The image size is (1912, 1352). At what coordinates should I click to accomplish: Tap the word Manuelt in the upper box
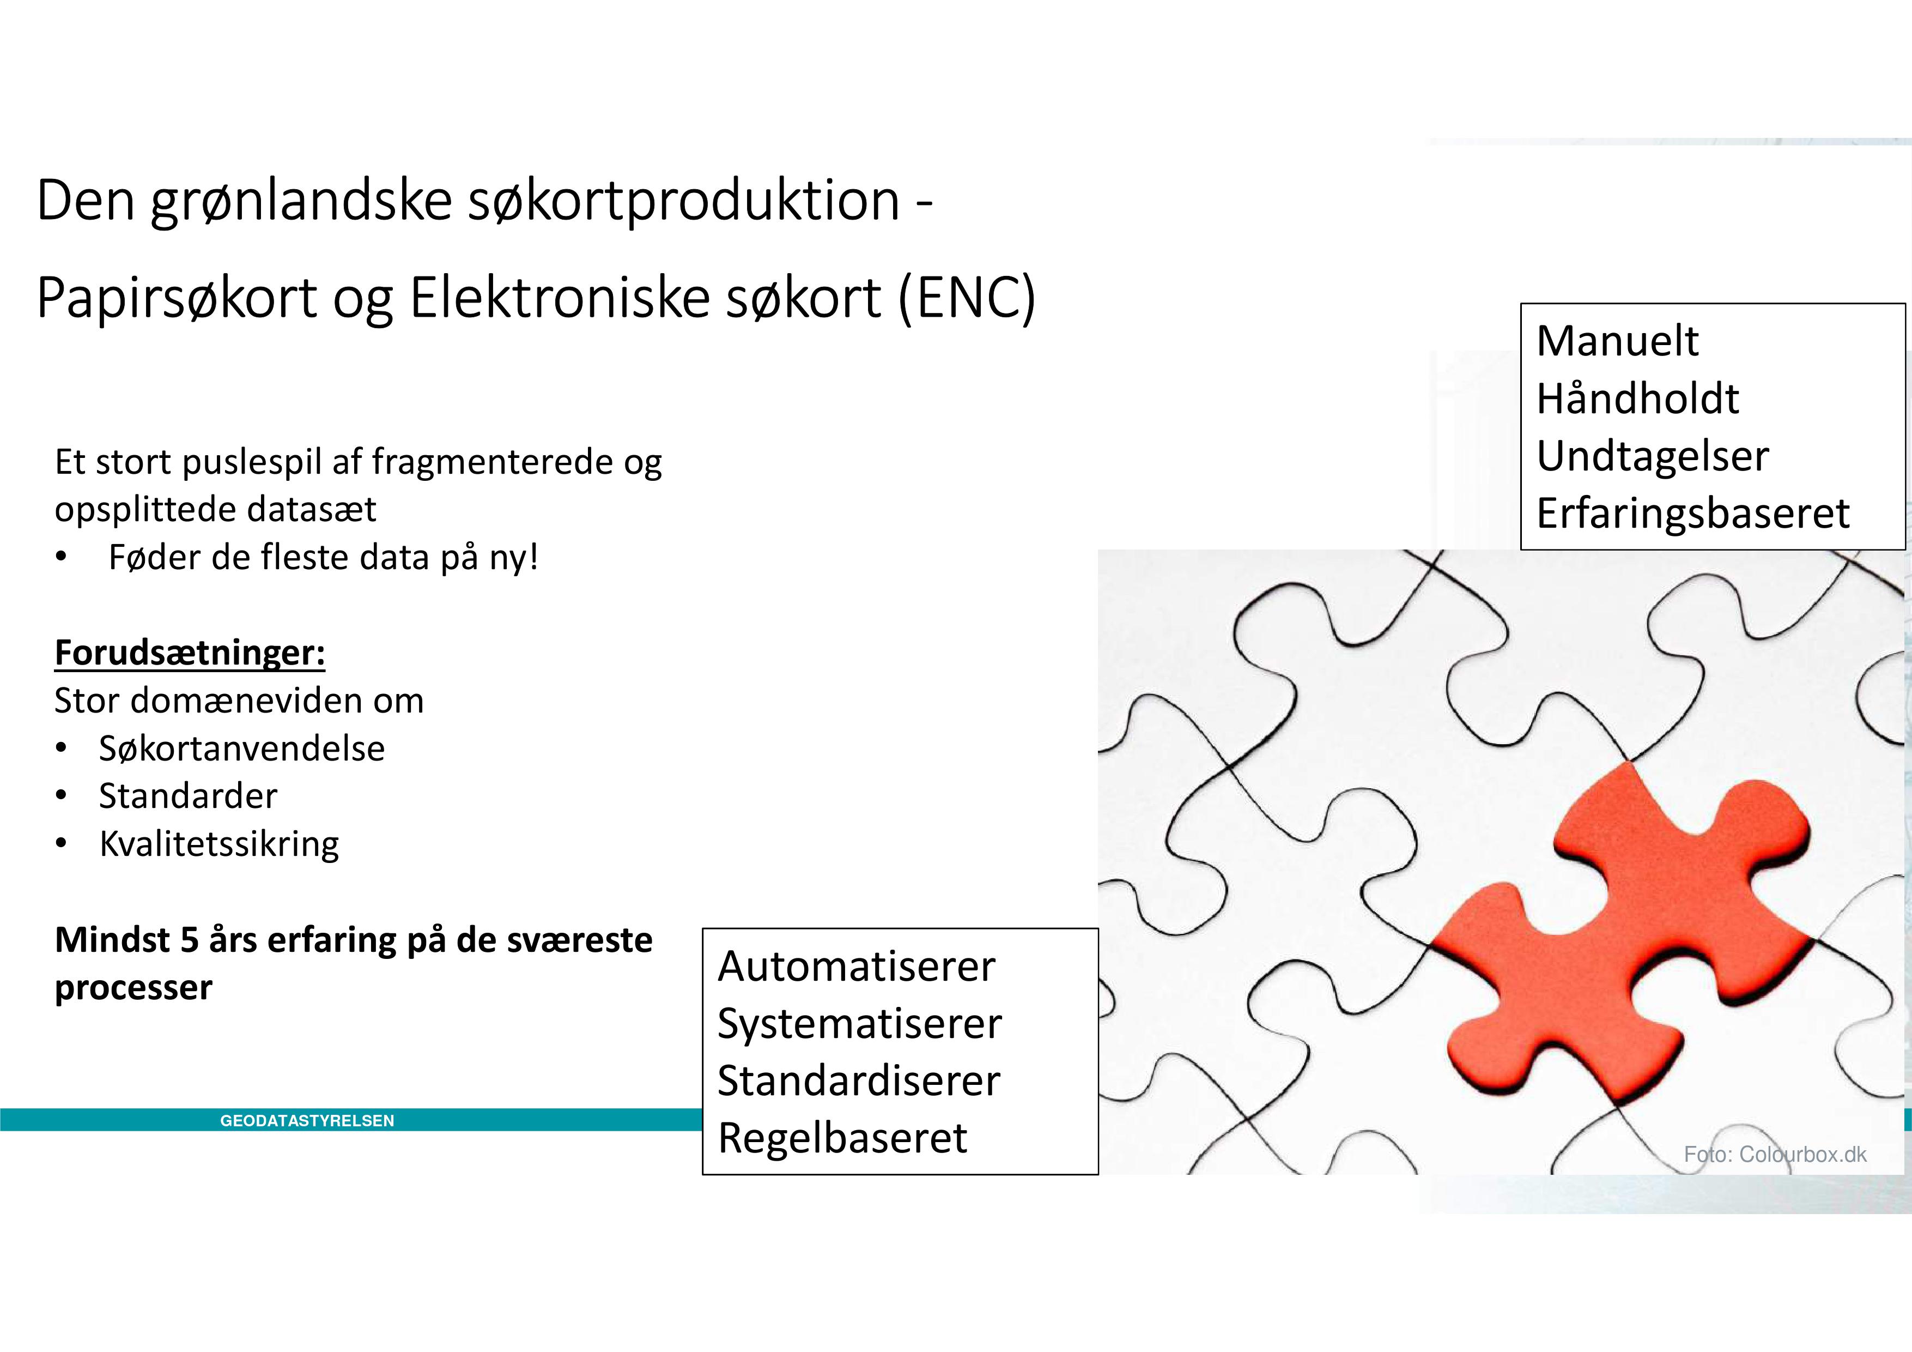[x=1617, y=341]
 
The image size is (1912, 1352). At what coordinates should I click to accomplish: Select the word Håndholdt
[x=1637, y=398]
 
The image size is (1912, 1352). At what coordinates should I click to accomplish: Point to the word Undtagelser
[x=1652, y=456]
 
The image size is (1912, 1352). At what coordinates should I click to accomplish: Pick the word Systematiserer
[x=859, y=1024]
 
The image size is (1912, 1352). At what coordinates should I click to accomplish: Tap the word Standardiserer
[x=859, y=1081]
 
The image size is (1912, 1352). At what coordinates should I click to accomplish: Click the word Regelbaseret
[x=843, y=1138]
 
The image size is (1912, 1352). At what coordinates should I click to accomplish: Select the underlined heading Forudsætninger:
[x=190, y=653]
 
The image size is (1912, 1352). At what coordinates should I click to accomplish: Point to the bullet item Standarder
[x=188, y=796]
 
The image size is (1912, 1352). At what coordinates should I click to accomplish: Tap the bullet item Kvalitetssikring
[x=219, y=844]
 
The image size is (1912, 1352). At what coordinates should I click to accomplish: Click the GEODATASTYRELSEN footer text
[x=307, y=1121]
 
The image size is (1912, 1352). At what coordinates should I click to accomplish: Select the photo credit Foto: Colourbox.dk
[x=1775, y=1155]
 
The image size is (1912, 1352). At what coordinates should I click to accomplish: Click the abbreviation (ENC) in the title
[x=967, y=298]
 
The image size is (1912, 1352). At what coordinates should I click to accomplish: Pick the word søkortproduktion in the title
[x=684, y=202]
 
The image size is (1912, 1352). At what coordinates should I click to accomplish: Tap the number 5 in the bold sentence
[x=189, y=940]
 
